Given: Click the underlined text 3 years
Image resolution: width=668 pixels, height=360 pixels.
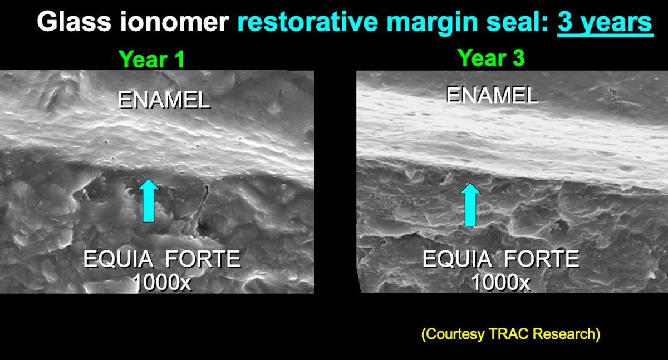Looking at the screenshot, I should coord(605,22).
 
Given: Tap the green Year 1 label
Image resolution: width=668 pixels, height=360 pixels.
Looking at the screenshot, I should coord(151,59).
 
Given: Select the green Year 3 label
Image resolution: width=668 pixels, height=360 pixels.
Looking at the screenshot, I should coord(490,57).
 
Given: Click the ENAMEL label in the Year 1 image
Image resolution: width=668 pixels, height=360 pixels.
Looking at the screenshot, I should coord(164,100).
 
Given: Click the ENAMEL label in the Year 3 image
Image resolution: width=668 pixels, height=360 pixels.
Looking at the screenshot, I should coord(492,96).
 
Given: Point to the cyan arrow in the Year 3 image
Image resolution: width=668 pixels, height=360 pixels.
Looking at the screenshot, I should coord(470,204).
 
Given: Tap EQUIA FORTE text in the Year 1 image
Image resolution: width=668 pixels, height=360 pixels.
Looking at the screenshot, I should coord(161,260).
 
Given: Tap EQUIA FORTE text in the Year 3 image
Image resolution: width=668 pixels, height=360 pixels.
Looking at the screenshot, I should coord(500,260).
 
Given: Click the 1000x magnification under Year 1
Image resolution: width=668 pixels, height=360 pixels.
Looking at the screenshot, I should coord(161,283).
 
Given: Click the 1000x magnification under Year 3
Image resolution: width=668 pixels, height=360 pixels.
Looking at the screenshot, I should coord(500,283).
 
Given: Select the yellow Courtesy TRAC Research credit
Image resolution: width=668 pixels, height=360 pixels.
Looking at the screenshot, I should coord(510,334).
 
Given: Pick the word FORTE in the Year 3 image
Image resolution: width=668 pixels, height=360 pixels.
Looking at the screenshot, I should coord(542,260).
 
